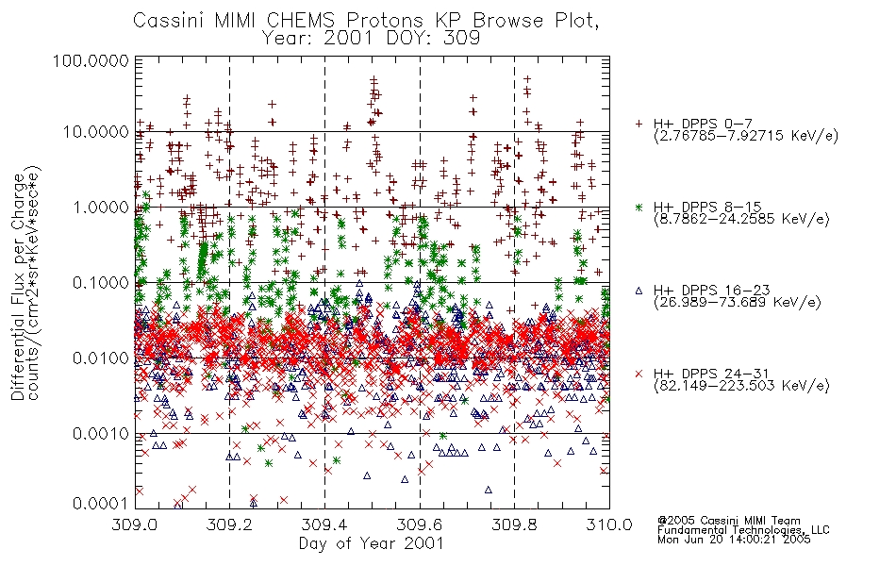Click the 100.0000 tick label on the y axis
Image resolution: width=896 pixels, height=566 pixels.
[91, 60]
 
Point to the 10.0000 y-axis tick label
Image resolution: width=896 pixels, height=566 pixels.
[95, 132]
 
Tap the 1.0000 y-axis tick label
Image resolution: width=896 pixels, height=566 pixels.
[100, 207]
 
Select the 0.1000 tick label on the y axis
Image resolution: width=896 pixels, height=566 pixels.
[100, 282]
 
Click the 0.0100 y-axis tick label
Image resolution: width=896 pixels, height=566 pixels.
[100, 358]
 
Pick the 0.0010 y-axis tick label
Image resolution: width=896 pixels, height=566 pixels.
[100, 434]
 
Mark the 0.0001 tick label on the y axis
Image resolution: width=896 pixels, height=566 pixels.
[100, 504]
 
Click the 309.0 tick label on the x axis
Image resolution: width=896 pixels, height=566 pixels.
[134, 524]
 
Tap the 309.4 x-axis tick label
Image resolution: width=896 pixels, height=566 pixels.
[324, 524]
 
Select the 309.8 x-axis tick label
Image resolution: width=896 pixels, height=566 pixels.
[514, 524]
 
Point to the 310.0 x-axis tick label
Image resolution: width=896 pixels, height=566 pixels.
[609, 524]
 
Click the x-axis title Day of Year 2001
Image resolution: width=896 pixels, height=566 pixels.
[371, 543]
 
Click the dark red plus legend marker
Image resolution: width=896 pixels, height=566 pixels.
[639, 124]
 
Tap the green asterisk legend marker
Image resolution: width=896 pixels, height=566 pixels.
[639, 207]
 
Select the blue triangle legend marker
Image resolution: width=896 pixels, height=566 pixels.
[639, 291]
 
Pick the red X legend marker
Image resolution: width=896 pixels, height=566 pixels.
[639, 374]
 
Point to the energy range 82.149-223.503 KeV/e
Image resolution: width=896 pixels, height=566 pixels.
[741, 386]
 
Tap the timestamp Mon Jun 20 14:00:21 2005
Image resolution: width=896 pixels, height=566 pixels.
[734, 540]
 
